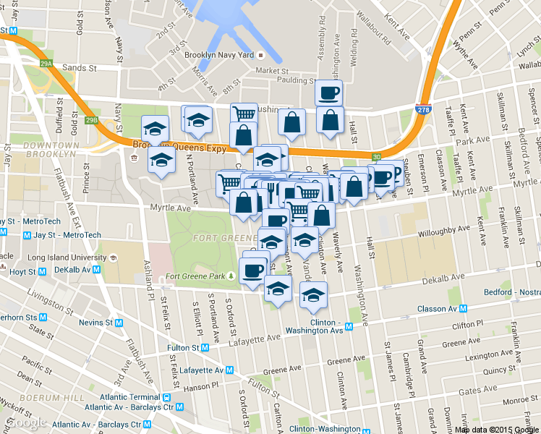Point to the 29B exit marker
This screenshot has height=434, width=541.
(91, 120)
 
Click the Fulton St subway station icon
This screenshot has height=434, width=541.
(205, 347)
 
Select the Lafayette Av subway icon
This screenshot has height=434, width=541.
(229, 370)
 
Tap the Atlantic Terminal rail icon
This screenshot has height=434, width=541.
(167, 397)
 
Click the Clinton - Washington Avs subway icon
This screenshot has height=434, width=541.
(349, 326)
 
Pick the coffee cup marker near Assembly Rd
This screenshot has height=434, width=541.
(328, 93)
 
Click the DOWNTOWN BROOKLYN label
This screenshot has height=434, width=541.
(50, 149)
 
